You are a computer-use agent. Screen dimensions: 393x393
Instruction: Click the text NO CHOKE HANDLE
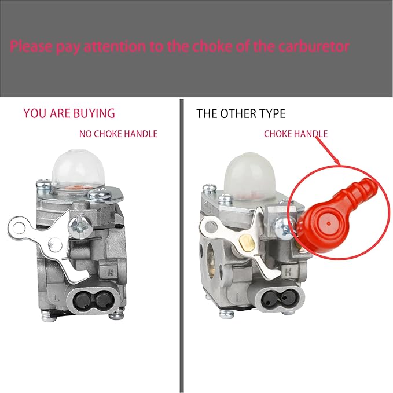point(118,134)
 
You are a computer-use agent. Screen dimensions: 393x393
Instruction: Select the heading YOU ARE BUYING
point(69,113)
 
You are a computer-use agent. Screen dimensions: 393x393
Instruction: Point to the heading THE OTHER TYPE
point(241,113)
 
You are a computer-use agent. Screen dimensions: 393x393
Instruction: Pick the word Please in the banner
point(34,46)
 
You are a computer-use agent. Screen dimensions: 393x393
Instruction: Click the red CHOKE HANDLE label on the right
point(296,134)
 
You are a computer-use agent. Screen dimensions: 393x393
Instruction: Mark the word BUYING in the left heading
point(94,113)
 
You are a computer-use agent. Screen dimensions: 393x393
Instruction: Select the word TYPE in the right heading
point(272,113)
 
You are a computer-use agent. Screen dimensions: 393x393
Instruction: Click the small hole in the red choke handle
point(328,221)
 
